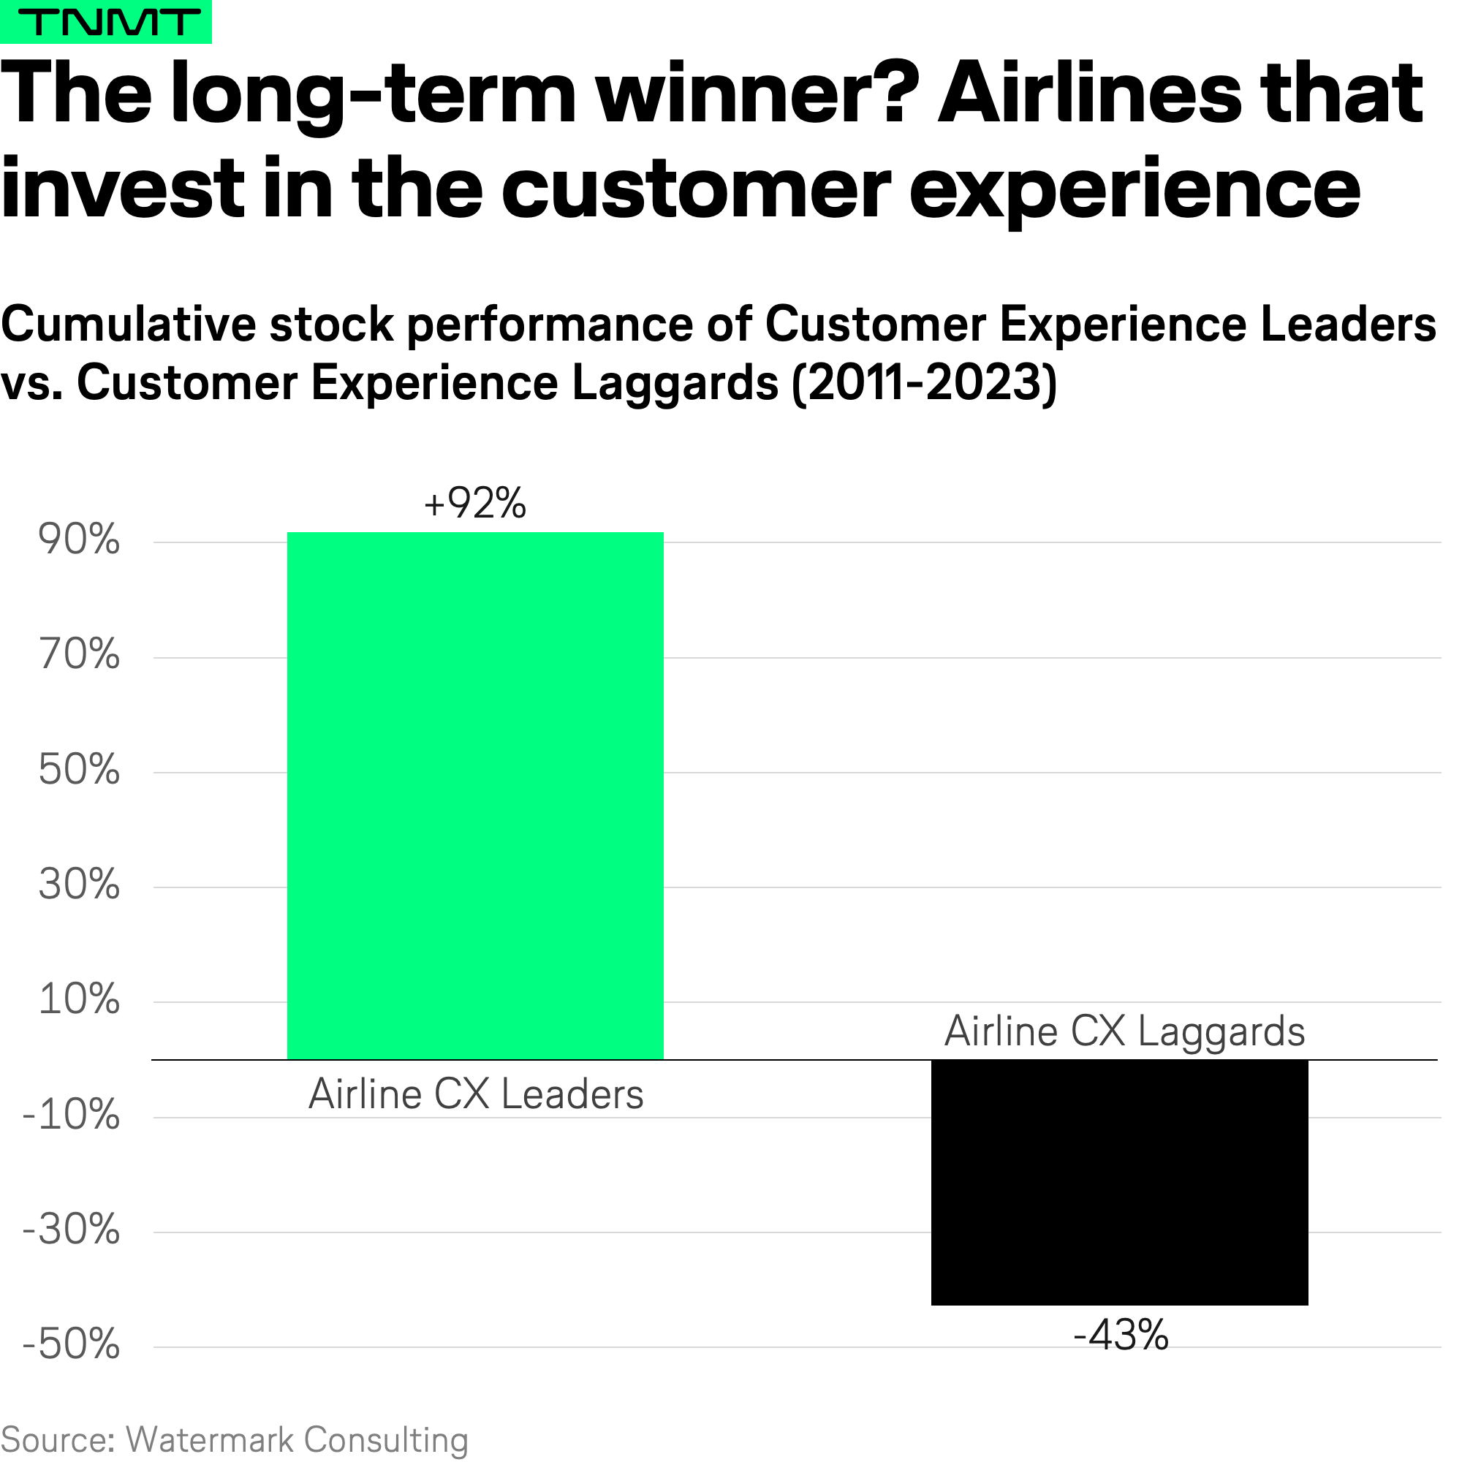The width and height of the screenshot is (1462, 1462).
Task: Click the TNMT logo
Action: click(x=105, y=22)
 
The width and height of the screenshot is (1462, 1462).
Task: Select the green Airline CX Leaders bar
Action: click(x=475, y=795)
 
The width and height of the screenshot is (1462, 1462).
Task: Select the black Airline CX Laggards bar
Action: click(x=1119, y=1182)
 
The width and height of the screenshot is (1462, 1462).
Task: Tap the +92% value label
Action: click(x=475, y=503)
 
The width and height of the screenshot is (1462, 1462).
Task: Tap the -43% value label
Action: click(x=1121, y=1336)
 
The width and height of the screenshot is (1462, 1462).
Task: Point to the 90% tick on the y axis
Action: click(x=80, y=540)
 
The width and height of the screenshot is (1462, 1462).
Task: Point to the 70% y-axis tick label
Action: click(x=80, y=655)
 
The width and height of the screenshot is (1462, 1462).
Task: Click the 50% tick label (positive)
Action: click(x=80, y=770)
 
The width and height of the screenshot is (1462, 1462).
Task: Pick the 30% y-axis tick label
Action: click(x=80, y=885)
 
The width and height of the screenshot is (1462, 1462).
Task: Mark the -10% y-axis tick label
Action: click(x=72, y=1115)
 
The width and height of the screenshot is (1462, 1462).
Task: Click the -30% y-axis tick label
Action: click(x=72, y=1230)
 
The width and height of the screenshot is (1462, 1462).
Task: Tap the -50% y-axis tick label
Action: click(x=72, y=1345)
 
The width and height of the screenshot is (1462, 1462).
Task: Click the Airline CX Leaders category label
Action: click(x=476, y=1094)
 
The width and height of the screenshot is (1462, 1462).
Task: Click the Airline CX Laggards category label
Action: click(x=1124, y=1031)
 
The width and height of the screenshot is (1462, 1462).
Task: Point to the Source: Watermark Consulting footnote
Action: click(x=235, y=1439)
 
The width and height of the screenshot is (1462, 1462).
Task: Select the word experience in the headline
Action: click(x=1135, y=189)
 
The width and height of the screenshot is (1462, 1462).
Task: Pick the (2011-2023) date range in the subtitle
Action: click(x=923, y=383)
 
